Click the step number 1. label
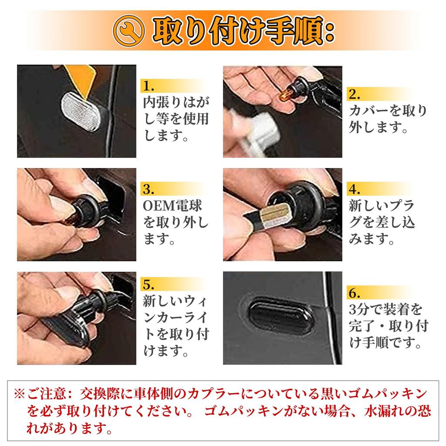[x=149, y=85]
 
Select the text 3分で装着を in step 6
[x=386, y=310]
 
